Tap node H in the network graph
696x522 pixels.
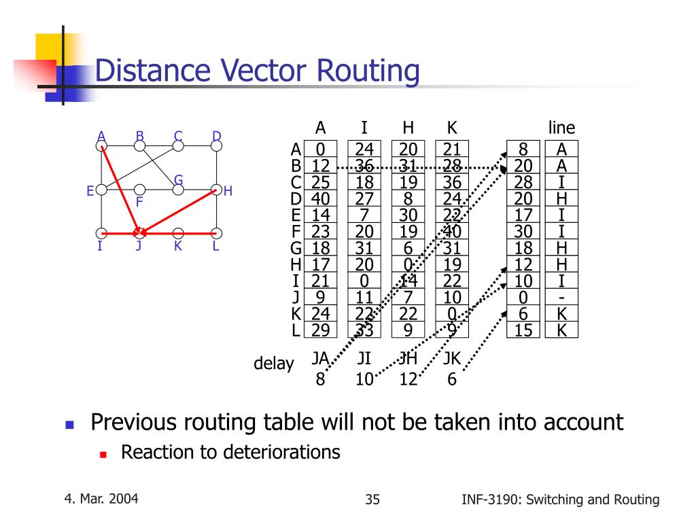pyautogui.click(x=217, y=190)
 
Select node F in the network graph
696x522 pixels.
pyautogui.click(x=139, y=190)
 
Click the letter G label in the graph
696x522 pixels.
pyautogui.click(x=178, y=179)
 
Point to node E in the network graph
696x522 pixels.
pyautogui.click(x=101, y=190)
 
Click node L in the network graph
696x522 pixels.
pyautogui.click(x=217, y=233)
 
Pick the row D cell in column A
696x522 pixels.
pyautogui.click(x=320, y=198)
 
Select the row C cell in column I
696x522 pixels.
pyautogui.click(x=364, y=182)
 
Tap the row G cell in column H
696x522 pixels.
pyautogui.click(x=408, y=248)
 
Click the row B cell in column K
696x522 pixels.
pyautogui.click(x=452, y=166)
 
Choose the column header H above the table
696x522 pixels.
pyautogui.click(x=408, y=128)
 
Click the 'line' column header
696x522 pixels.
pyautogui.click(x=561, y=128)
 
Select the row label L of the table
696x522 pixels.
pyautogui.click(x=296, y=330)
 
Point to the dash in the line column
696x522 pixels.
pyautogui.click(x=561, y=298)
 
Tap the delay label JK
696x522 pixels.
pyautogui.click(x=452, y=358)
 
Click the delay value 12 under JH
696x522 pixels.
pyautogui.click(x=408, y=379)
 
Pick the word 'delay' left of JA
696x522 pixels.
pyautogui.click(x=273, y=364)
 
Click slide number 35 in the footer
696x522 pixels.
pyautogui.click(x=372, y=500)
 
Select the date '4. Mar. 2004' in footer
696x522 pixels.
pyautogui.click(x=102, y=499)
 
